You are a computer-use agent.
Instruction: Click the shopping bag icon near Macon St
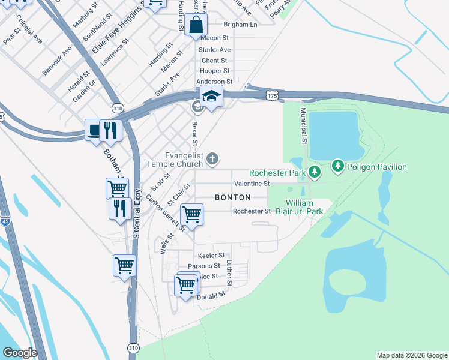coord(196,26)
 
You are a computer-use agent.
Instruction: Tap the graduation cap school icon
coord(211,97)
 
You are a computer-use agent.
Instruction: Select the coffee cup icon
coord(95,130)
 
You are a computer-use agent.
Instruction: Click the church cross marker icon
coord(212,159)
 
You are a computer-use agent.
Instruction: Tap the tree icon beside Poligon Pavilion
coord(338,166)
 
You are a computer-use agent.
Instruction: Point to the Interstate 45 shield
coord(5,220)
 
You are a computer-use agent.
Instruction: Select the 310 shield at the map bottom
coord(133,348)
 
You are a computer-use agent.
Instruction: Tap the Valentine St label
coord(252,183)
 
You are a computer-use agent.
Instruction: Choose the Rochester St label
coord(252,211)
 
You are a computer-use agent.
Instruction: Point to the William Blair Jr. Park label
coord(304,208)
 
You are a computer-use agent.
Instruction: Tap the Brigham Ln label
coord(240,25)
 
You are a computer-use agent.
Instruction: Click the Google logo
coord(20,353)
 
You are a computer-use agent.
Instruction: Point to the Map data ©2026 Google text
coord(411,355)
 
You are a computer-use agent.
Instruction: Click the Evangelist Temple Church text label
coord(176,159)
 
